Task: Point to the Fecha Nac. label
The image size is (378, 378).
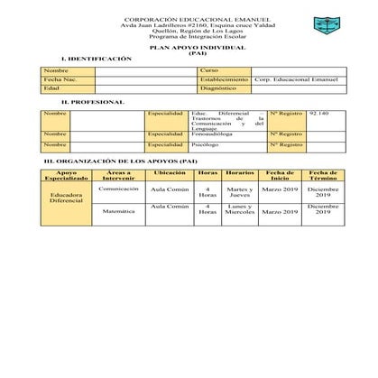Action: pyautogui.click(x=59, y=79)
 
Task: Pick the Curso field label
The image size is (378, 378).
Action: pyautogui.click(x=209, y=70)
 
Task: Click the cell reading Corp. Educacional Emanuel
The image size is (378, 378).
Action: pyautogui.click(x=296, y=79)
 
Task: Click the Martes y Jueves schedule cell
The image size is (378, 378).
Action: pyautogui.click(x=240, y=193)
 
